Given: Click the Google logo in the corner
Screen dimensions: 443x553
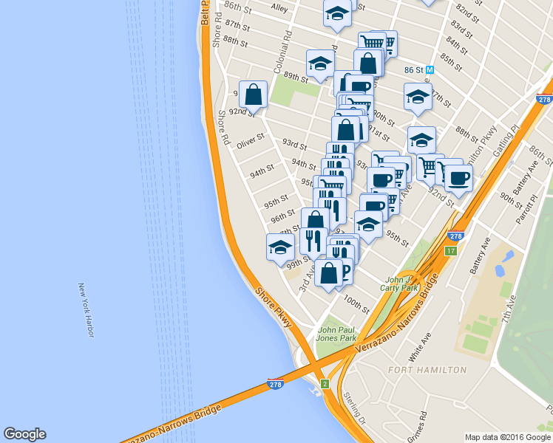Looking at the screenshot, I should tap(24, 434).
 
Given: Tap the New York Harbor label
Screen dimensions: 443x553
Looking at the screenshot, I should tap(86, 310).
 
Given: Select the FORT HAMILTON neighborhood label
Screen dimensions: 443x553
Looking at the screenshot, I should tap(428, 369).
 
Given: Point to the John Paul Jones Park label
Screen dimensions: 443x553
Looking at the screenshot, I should tap(336, 334).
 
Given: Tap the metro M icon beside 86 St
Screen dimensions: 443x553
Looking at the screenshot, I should tap(430, 70).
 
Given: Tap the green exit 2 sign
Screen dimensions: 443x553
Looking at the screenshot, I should tap(325, 383).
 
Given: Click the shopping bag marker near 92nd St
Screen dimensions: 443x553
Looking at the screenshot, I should tap(253, 95).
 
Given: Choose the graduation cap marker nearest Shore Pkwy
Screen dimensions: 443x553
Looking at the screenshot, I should tap(280, 247).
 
